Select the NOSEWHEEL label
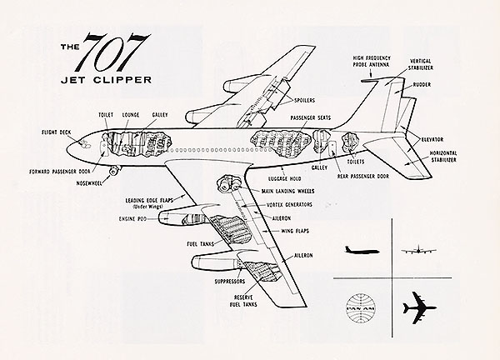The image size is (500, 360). (x=86, y=181)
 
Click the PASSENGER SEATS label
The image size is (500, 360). (x=311, y=118)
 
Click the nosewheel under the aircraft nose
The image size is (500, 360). (x=114, y=171)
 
